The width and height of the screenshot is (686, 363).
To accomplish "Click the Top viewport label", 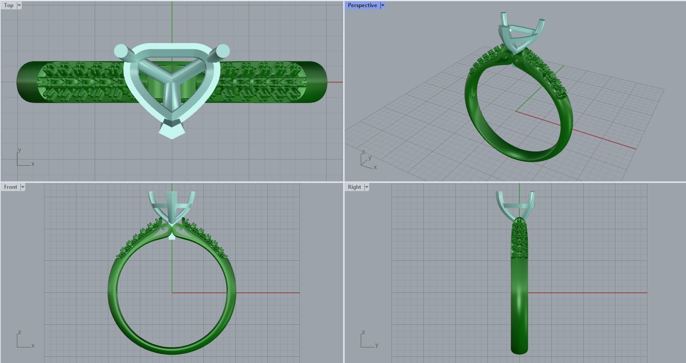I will point(8,5).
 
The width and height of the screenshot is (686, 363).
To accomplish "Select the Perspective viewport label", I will point(362,5).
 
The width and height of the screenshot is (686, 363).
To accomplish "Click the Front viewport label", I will point(10,187).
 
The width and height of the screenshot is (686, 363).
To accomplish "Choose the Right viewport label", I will point(354,187).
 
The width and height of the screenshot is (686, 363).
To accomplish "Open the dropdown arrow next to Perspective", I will point(383,5).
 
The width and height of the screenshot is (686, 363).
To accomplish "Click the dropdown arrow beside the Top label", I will point(19,5).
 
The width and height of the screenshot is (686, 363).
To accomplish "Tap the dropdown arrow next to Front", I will point(23,187).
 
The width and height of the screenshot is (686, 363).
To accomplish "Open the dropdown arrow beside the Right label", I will point(367,187).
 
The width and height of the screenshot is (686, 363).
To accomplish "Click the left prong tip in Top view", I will point(120,51).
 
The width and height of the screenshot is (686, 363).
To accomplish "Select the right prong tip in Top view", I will point(223,50).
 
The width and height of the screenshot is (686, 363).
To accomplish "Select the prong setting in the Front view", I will point(171,207).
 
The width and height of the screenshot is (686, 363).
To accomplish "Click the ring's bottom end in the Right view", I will point(519,349).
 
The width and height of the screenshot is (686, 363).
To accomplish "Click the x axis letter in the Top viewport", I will point(33,164).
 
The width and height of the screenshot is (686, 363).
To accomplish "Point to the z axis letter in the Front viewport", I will point(20,332).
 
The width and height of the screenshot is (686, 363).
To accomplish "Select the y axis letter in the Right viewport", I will point(377,345).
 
